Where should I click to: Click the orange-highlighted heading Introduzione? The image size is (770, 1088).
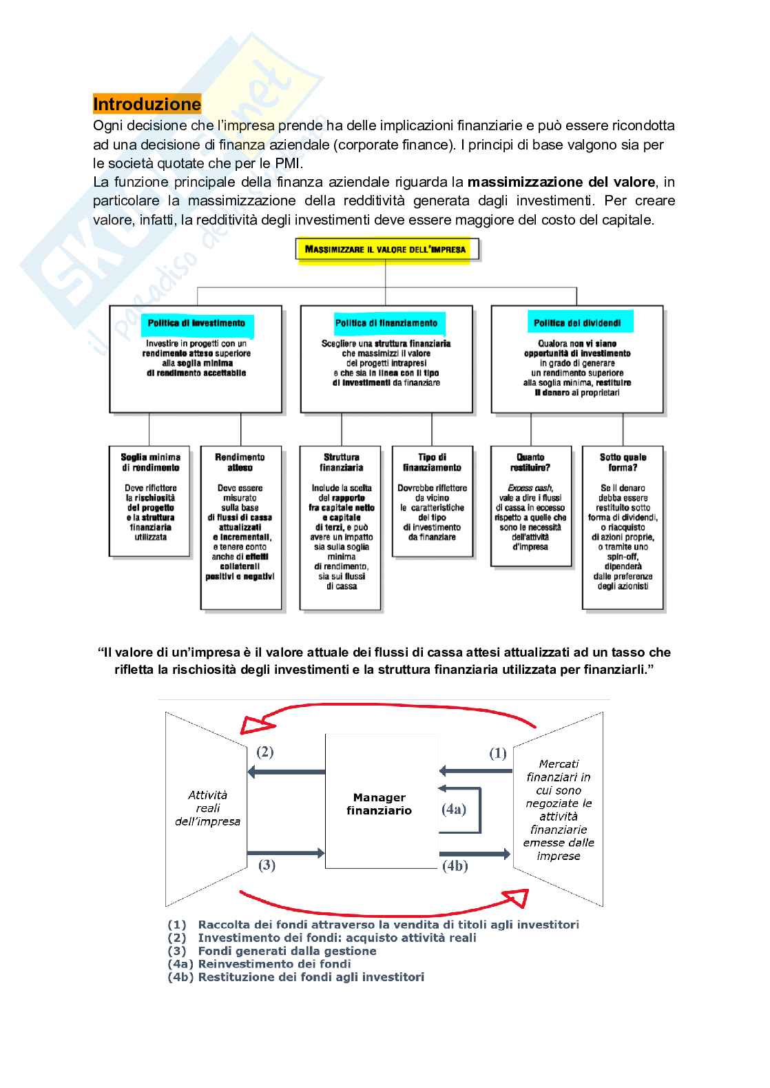pyautogui.click(x=147, y=104)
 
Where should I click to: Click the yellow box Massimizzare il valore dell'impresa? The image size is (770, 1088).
pyautogui.click(x=386, y=249)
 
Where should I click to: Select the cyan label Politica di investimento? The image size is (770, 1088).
pyautogui.click(x=196, y=323)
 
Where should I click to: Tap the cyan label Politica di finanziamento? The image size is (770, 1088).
pyautogui.click(x=386, y=323)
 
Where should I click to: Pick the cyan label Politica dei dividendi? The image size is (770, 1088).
pyautogui.click(x=577, y=323)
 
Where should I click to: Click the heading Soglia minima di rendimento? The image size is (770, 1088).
pyautogui.click(x=150, y=462)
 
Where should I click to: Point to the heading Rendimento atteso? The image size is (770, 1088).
pyautogui.click(x=240, y=462)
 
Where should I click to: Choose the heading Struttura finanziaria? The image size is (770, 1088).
pyautogui.click(x=342, y=462)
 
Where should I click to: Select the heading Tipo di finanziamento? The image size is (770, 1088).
pyautogui.click(x=432, y=462)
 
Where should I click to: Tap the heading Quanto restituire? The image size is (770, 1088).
pyautogui.click(x=530, y=462)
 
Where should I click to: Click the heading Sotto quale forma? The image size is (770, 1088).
pyautogui.click(x=623, y=462)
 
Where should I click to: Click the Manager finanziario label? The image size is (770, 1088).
pyautogui.click(x=379, y=804)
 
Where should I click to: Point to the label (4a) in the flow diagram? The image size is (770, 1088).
pyautogui.click(x=454, y=810)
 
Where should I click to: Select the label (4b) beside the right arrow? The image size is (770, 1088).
pyautogui.click(x=455, y=866)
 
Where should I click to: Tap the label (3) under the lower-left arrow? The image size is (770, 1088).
pyautogui.click(x=267, y=865)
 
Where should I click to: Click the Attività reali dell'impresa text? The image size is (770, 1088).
pyautogui.click(x=207, y=808)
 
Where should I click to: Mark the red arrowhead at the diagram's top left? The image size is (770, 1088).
pyautogui.click(x=256, y=725)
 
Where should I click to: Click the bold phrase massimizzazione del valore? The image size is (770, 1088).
pyautogui.click(x=561, y=182)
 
